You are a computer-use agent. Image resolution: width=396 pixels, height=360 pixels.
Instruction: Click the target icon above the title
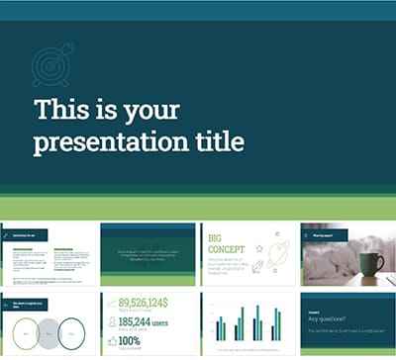tap(52, 63)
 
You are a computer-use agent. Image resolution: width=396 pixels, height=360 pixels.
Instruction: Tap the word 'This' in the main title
tap(61, 108)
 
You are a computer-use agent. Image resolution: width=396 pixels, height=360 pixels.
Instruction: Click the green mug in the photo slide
tap(371, 265)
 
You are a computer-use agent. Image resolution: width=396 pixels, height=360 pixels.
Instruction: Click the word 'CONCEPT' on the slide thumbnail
tap(228, 250)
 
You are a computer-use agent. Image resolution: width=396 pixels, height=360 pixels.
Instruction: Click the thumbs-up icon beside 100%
tap(110, 341)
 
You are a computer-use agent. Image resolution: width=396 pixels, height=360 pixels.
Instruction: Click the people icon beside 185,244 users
tap(110, 322)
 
